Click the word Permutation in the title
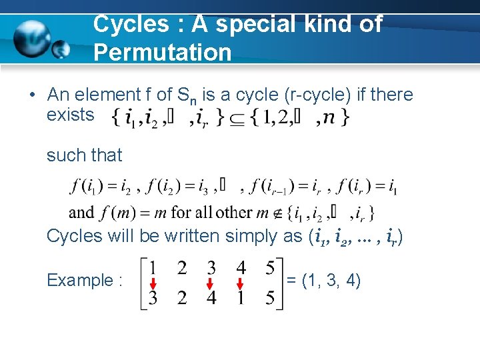point(162,52)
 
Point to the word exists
point(70,115)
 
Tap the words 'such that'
point(84,155)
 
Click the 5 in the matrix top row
point(269,268)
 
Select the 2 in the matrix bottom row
point(181,298)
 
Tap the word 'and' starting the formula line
point(81,213)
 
